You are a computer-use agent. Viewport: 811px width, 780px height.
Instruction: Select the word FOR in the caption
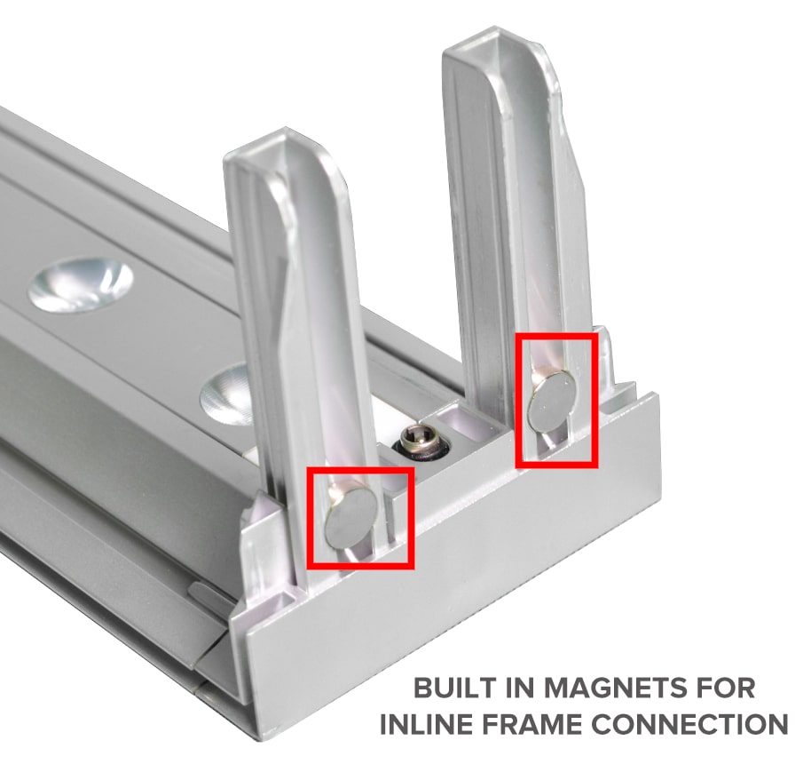click(x=726, y=688)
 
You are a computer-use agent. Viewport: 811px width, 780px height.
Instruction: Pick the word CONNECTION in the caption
click(x=689, y=724)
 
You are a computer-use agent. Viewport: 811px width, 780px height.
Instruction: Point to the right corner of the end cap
click(x=659, y=394)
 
